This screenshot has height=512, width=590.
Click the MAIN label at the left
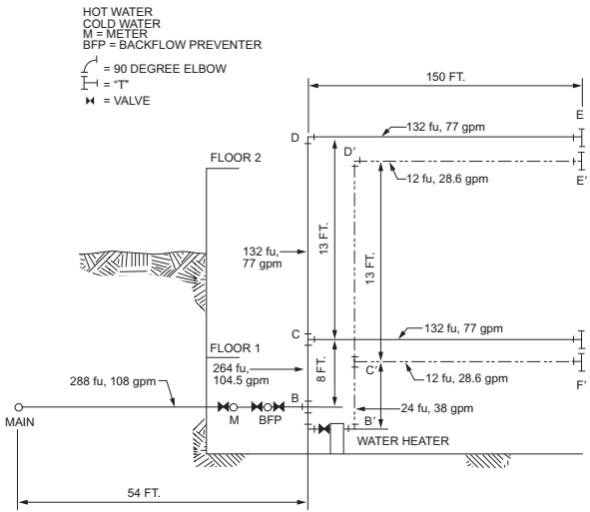click(x=19, y=422)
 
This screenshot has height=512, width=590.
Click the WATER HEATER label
click(x=397, y=440)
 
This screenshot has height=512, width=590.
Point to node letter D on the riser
click(x=295, y=138)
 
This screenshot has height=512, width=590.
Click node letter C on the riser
click(x=295, y=334)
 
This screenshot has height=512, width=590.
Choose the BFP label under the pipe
click(x=269, y=422)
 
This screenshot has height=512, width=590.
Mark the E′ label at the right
click(x=578, y=181)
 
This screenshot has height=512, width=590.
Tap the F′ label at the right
click(x=578, y=380)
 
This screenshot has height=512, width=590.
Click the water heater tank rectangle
click(x=337, y=438)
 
